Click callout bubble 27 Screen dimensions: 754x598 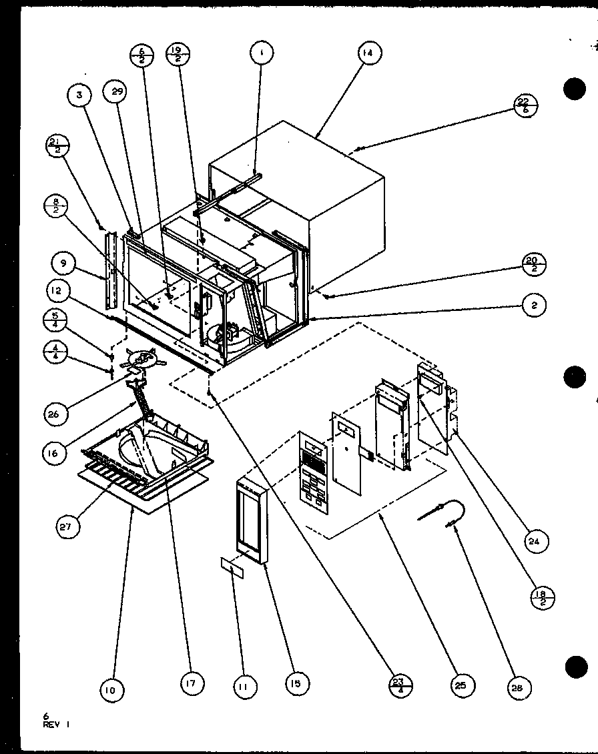point(68,526)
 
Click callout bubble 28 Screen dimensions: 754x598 point(519,689)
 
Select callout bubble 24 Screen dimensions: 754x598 point(535,541)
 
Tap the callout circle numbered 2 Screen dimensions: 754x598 point(534,306)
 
